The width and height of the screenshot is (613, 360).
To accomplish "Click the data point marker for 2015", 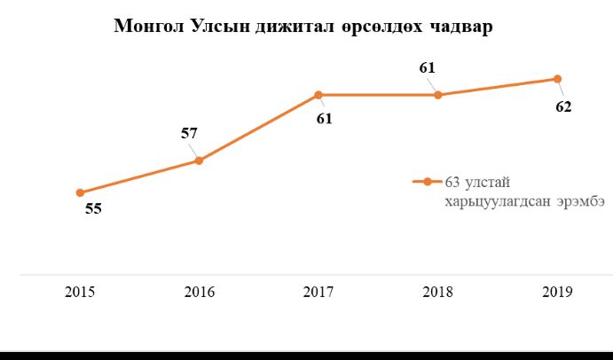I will pyautogui.click(x=80, y=192).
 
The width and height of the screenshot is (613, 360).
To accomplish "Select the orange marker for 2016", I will pyautogui.click(x=199, y=160).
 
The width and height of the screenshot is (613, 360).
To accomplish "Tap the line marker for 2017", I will pyautogui.click(x=318, y=95).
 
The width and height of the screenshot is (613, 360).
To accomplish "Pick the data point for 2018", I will pyautogui.click(x=437, y=95).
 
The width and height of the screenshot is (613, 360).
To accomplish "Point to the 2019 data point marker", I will pyautogui.click(x=557, y=79).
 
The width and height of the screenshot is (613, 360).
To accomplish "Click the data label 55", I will pyautogui.click(x=93, y=210).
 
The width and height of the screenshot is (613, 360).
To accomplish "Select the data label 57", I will pyautogui.click(x=189, y=134).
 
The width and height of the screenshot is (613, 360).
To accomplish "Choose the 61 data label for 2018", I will pyautogui.click(x=428, y=67).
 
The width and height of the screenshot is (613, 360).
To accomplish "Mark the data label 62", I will pyautogui.click(x=563, y=107).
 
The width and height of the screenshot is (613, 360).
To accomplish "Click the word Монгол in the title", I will pyautogui.click(x=151, y=27).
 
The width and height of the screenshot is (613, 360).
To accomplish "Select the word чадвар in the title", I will pyautogui.click(x=460, y=27).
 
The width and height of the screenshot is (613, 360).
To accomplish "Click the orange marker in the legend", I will pyautogui.click(x=428, y=182).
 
